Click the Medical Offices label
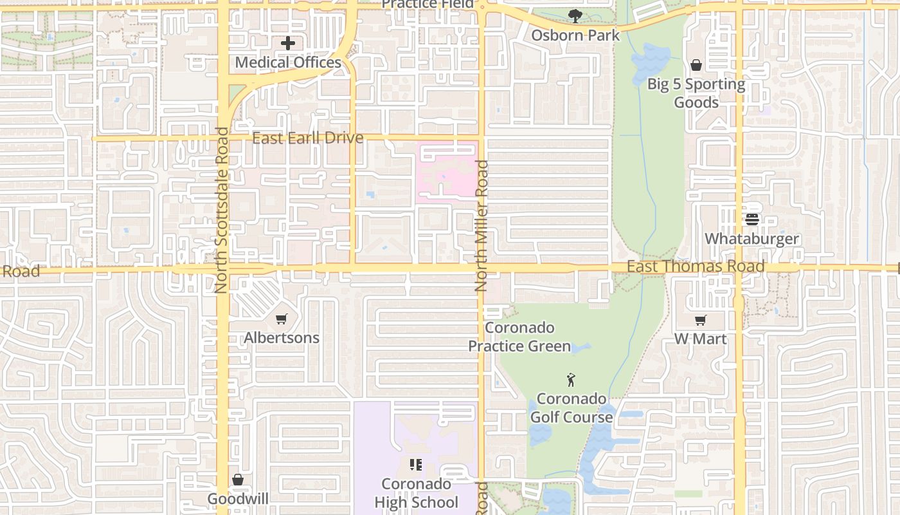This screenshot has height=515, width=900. [288, 62]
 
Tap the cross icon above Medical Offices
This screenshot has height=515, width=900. [288, 44]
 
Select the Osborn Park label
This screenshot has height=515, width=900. [575, 35]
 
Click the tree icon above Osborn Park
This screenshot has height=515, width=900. [575, 16]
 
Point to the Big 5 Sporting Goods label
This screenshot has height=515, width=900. [696, 93]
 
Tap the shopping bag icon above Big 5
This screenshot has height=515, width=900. [696, 65]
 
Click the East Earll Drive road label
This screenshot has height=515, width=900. [307, 138]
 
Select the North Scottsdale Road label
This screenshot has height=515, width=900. [222, 211]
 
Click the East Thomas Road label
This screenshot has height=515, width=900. [696, 267]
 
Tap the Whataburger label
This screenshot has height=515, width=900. [752, 239]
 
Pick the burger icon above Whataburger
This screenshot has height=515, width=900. [752, 220]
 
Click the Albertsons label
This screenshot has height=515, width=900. [282, 338]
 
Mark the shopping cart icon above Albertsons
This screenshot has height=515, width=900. [282, 319]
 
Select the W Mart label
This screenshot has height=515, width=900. [700, 339]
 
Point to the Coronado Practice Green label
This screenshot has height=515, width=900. [519, 337]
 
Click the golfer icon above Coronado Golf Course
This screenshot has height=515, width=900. [571, 380]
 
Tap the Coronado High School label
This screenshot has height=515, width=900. [416, 493]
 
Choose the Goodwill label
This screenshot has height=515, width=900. [238, 499]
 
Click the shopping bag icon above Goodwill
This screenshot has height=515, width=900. [238, 480]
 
